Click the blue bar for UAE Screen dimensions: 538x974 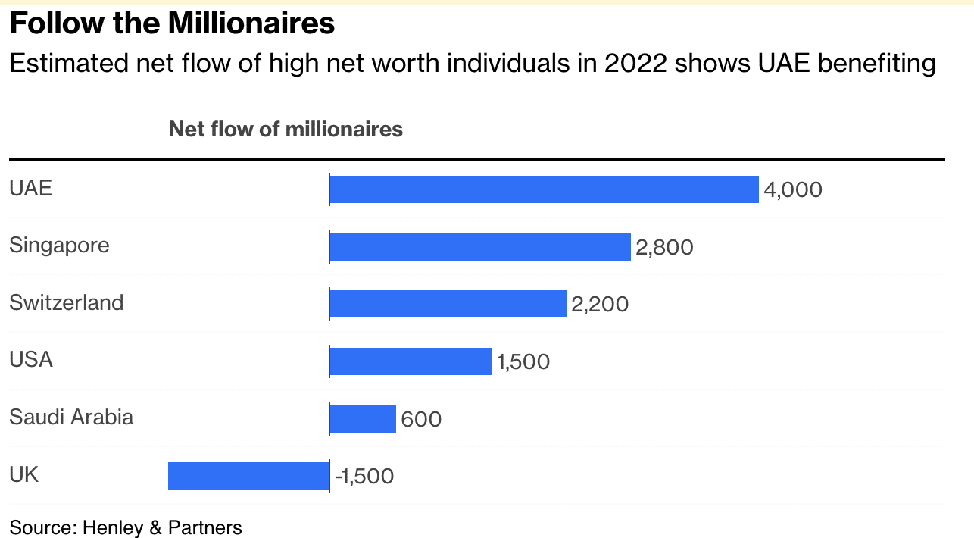click(x=544, y=189)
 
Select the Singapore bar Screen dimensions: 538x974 click(x=480, y=247)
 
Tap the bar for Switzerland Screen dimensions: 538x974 click(x=448, y=304)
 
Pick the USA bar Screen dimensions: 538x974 click(x=411, y=361)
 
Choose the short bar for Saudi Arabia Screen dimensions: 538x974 click(x=363, y=418)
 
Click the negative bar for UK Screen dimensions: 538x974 click(x=248, y=476)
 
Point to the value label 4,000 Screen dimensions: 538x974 click(x=793, y=189)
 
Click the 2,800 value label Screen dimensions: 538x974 click(x=665, y=247)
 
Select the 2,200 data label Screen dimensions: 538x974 click(x=600, y=304)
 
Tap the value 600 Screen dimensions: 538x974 click(x=421, y=419)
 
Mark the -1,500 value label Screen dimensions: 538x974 click(x=364, y=477)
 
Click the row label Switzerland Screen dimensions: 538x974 click(x=66, y=302)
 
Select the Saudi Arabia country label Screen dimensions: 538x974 click(x=71, y=417)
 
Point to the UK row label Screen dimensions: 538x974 click(x=23, y=474)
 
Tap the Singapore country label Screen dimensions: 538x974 click(x=59, y=246)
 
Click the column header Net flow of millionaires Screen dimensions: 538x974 click(x=286, y=130)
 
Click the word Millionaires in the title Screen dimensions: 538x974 click(x=251, y=23)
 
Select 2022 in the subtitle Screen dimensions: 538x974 click(x=636, y=64)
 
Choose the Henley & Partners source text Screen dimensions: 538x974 click(x=162, y=527)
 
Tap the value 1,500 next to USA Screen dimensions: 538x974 click(x=523, y=362)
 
